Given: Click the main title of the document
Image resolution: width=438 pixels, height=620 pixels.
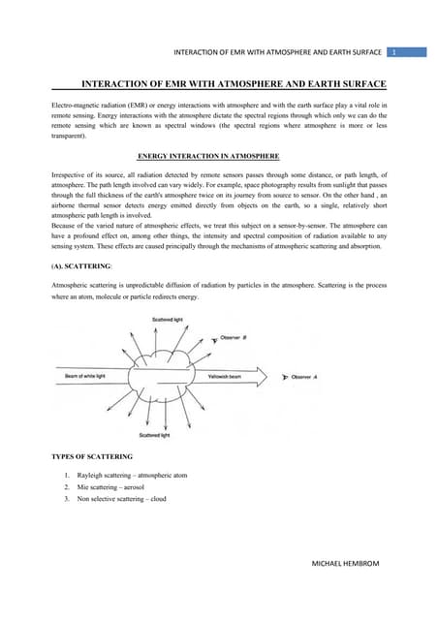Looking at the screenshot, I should [234, 85].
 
